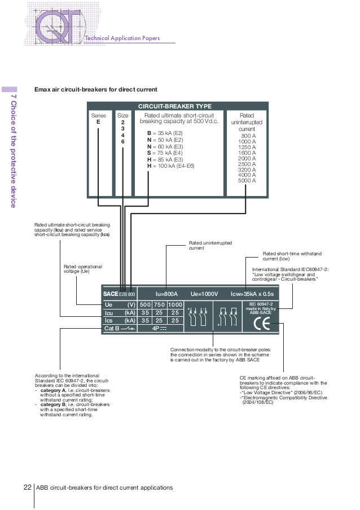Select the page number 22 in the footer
27,487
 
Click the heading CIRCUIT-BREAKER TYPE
175,106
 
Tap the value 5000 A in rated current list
247,181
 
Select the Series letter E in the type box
98,122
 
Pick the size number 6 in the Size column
122,141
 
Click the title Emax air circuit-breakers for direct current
95,89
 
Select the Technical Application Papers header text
122,38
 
